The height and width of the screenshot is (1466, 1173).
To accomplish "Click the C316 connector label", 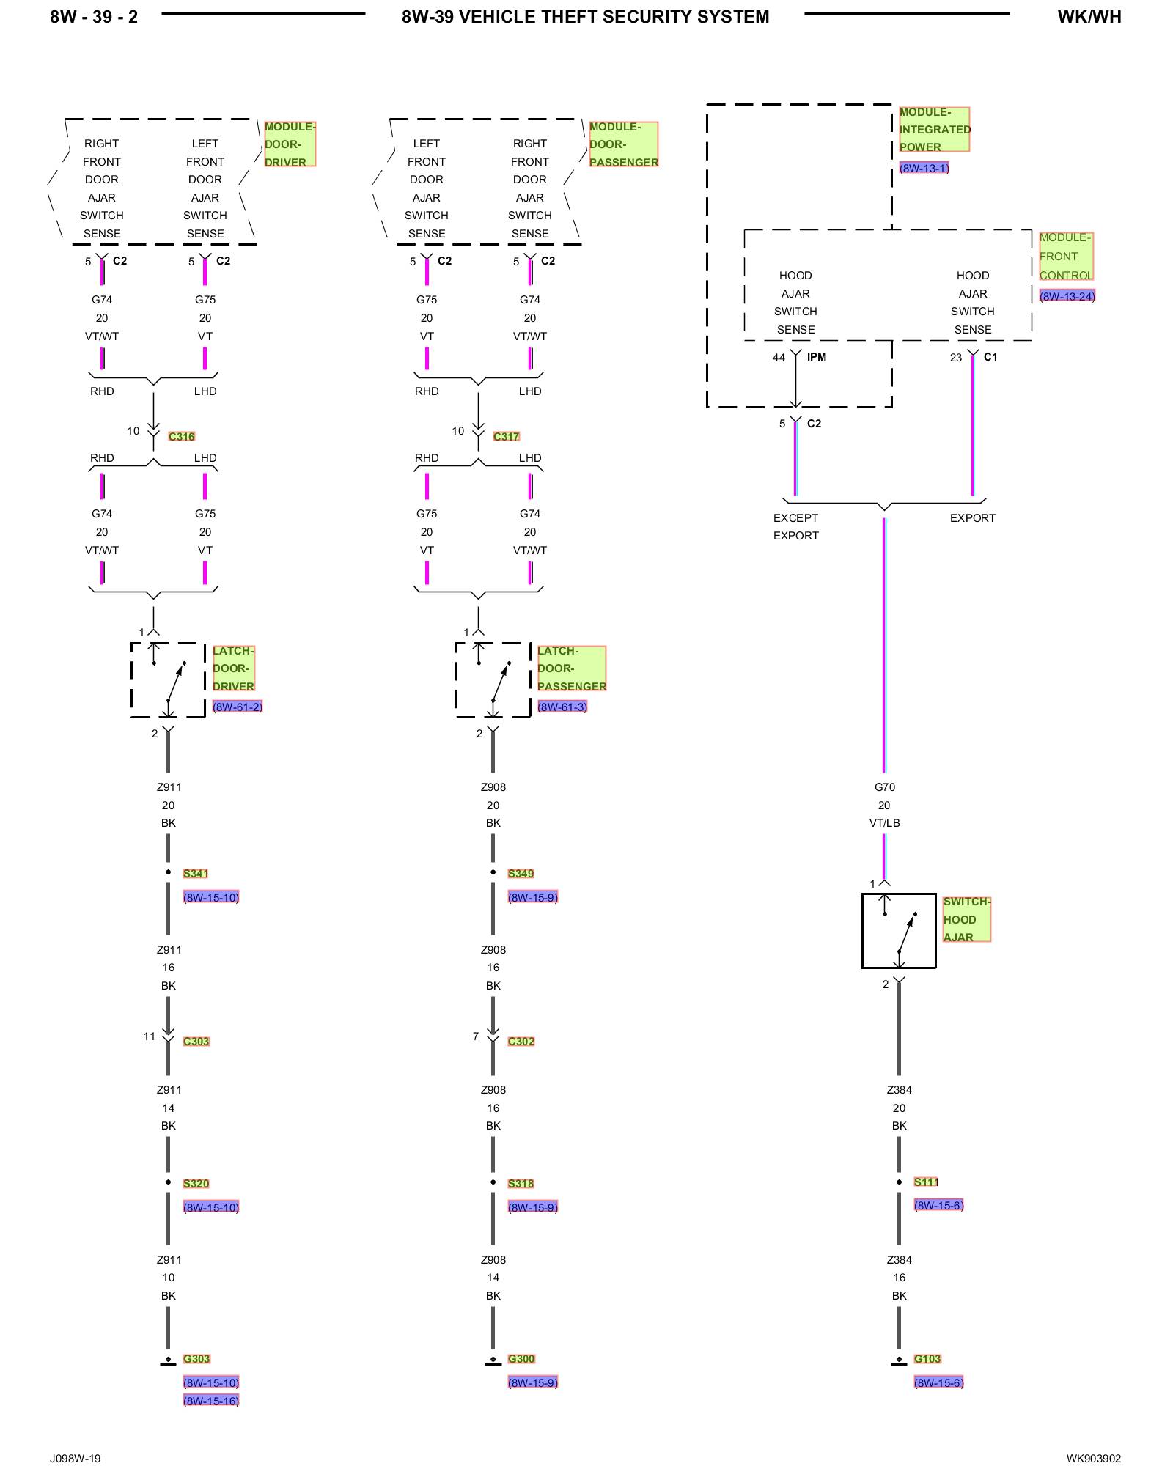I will pos(181,436).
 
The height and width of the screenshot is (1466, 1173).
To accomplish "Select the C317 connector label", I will pos(506,436).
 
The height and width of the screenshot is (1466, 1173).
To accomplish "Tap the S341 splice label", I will pos(196,873).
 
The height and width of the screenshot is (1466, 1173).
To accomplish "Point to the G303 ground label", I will pos(196,1358).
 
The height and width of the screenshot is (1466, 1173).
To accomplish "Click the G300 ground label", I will pos(521,1358).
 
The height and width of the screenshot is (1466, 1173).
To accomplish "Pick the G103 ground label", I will pos(927,1358).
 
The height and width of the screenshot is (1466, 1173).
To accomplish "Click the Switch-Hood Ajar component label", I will pos(966,919).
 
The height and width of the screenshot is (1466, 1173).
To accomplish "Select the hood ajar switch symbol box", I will pos(899,931).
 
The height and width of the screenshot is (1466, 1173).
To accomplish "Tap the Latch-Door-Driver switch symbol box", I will pos(168,680).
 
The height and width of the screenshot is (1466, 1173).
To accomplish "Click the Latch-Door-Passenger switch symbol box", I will pos(493,680).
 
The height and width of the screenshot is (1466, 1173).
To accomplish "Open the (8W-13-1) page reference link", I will pos(924,168).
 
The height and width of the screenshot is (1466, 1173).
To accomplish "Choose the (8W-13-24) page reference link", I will pos(1067,296).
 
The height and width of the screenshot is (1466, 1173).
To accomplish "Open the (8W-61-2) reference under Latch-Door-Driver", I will pos(237,707).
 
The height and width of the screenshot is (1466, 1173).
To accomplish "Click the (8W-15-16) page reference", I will pos(211,1401).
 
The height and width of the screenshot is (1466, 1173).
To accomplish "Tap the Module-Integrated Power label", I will pos(934,129).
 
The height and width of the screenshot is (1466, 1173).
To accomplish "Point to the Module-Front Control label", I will pos(1065,256).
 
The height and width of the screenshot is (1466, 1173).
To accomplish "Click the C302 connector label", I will pos(521,1041).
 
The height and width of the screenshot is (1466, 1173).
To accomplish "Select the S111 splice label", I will pos(926,1182).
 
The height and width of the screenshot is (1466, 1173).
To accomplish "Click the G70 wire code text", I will pos(884,787).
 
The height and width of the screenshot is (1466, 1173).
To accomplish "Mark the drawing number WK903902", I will pos(1093,1458).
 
